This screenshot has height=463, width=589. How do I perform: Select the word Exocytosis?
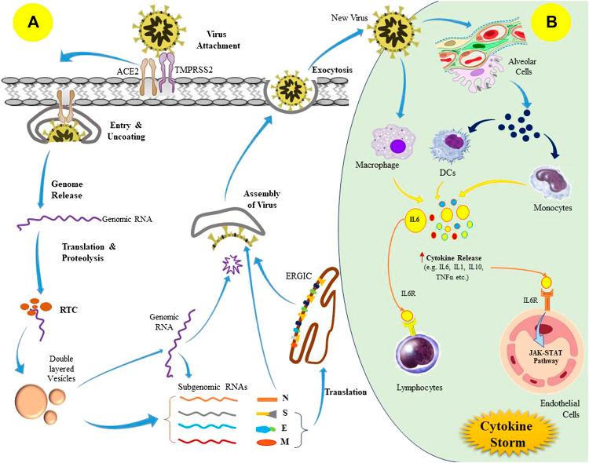(331, 69)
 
